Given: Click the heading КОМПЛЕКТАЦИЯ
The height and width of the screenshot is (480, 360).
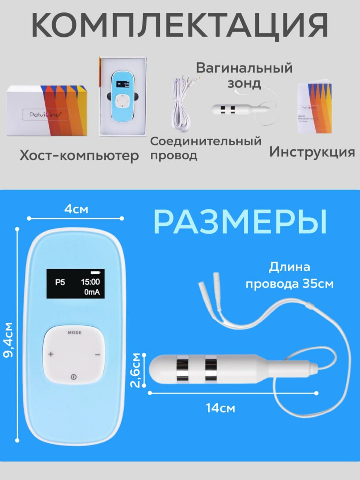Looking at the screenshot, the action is coord(180,25).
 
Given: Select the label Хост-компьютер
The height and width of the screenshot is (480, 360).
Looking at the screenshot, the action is coord(79,155).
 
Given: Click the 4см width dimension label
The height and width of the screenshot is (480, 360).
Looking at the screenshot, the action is coord(76,209).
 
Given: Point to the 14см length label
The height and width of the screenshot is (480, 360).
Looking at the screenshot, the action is coord(220,408).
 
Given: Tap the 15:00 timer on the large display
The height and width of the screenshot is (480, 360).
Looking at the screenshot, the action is coord(90,282).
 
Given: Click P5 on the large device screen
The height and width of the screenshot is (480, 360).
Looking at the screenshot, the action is coord(60,282).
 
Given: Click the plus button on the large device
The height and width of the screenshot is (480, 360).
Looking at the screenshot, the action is coord(51,354).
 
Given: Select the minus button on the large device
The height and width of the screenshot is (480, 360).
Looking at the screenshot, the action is coord(97,354).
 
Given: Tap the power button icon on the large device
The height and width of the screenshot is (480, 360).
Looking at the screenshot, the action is coord(73,376).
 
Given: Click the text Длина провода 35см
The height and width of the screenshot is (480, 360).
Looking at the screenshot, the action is coord(289,276).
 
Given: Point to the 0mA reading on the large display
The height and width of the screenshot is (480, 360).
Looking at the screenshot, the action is coord(92,292).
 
